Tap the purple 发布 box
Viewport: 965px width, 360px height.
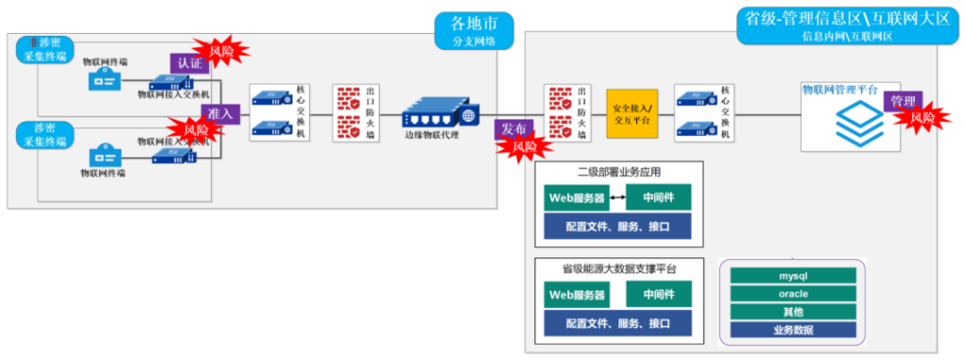coord(514,129)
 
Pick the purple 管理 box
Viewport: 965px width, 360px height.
coord(903,101)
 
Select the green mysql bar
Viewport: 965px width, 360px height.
coord(793,276)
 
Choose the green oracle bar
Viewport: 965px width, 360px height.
coord(793,293)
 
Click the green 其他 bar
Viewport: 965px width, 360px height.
coord(793,311)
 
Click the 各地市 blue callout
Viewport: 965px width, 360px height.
coord(474,29)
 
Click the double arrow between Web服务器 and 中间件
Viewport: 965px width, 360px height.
coord(617,197)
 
